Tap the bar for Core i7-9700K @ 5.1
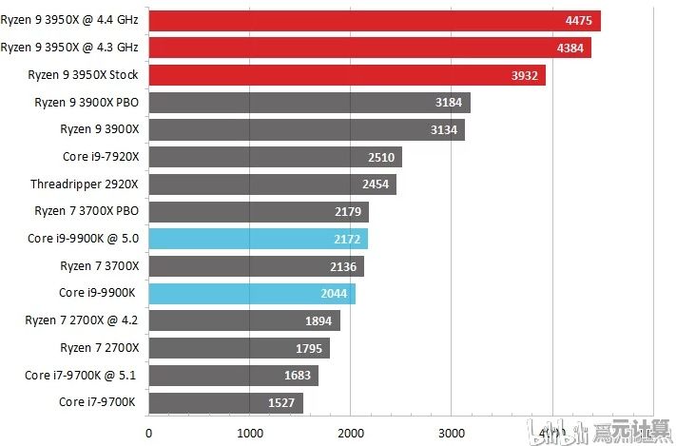(x=233, y=375)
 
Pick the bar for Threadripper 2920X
(x=271, y=184)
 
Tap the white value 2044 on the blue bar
(x=333, y=294)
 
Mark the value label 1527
(x=280, y=402)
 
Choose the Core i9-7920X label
(x=100, y=156)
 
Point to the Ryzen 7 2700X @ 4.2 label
(x=82, y=320)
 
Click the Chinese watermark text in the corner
(x=629, y=434)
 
